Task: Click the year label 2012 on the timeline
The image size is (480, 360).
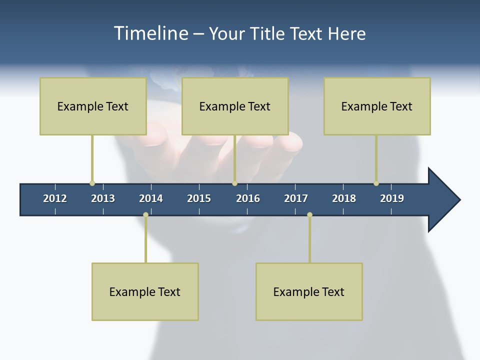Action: click(x=55, y=198)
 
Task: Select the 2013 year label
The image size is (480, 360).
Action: click(x=103, y=198)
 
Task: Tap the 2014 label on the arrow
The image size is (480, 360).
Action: click(x=151, y=198)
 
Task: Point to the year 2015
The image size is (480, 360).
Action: click(x=199, y=198)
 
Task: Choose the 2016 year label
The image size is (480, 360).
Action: click(x=248, y=198)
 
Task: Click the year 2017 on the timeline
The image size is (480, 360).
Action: click(x=296, y=198)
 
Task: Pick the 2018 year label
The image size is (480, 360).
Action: click(x=344, y=198)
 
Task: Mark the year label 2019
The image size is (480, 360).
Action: click(x=392, y=198)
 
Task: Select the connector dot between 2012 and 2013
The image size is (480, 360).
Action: click(x=92, y=183)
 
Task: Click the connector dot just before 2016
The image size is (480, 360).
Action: click(x=234, y=183)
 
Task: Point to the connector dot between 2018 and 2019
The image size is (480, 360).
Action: click(x=376, y=183)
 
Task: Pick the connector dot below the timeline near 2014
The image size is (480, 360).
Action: click(x=145, y=215)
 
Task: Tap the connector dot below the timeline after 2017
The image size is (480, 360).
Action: click(x=309, y=215)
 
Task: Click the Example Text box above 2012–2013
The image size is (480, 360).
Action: click(x=93, y=106)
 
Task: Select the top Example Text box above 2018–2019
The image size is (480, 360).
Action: click(x=377, y=106)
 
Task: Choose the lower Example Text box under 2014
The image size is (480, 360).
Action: click(x=145, y=291)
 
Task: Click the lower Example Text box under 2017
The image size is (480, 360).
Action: click(x=309, y=291)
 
